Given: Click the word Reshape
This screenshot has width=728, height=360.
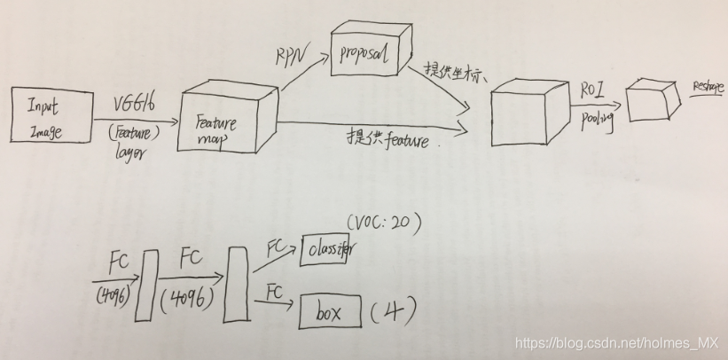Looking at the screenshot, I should pyautogui.click(x=707, y=89).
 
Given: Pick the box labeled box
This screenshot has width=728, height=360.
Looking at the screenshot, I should pyautogui.click(x=331, y=311).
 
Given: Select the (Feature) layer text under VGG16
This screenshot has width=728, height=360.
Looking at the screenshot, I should pyautogui.click(x=133, y=145).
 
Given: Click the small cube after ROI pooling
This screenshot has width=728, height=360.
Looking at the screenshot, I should pyautogui.click(x=652, y=99).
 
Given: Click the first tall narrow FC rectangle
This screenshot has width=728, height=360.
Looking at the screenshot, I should pyautogui.click(x=148, y=286).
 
